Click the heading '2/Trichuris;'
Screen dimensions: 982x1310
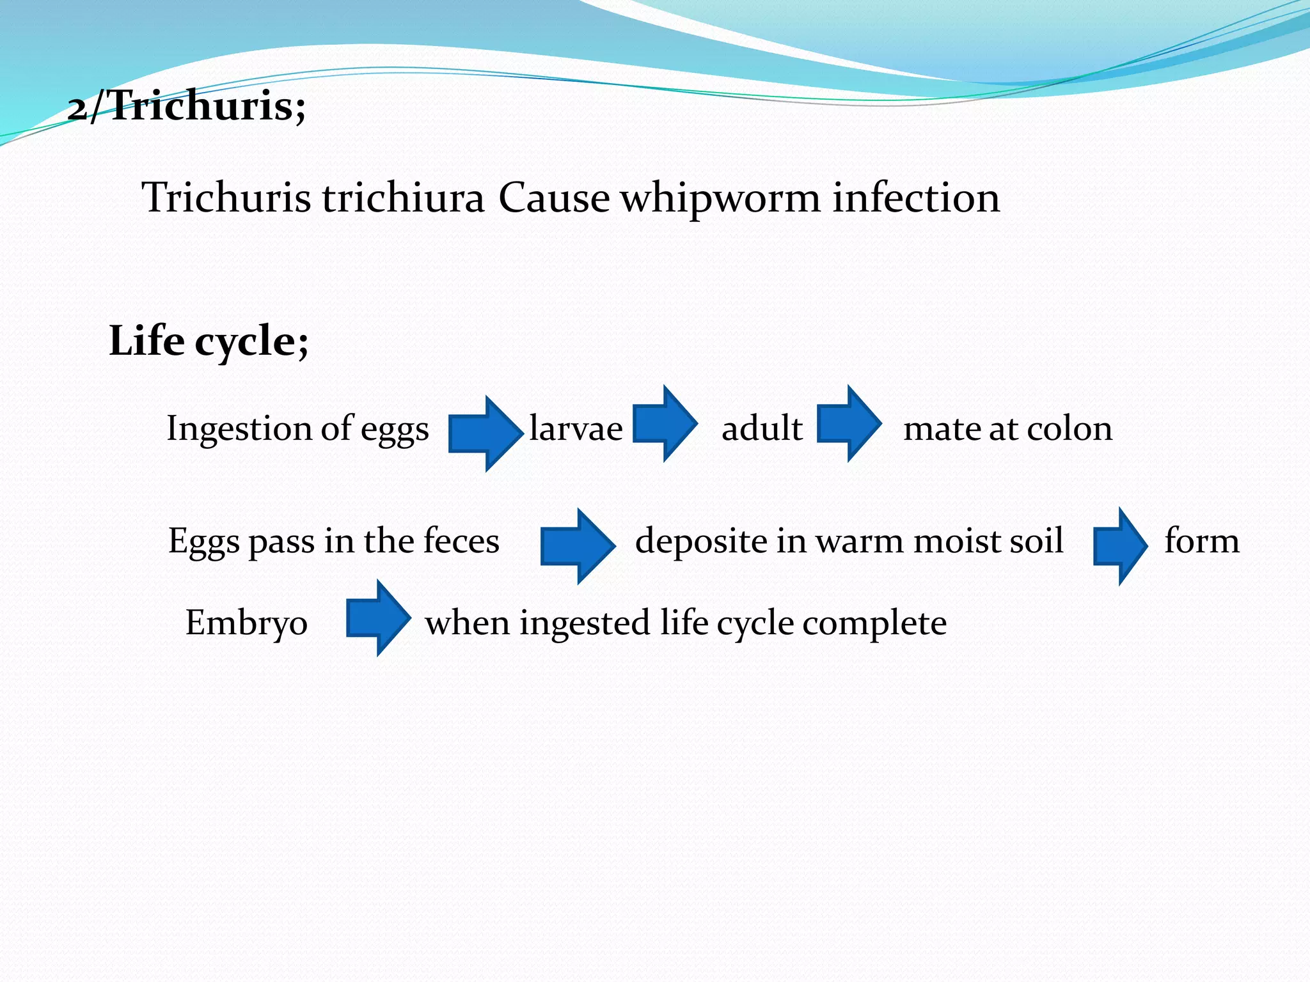click(186, 105)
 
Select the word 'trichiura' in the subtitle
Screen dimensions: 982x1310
click(403, 198)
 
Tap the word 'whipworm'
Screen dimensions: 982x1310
click(720, 198)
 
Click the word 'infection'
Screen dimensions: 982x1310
click(915, 198)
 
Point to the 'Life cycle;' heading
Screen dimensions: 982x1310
click(209, 341)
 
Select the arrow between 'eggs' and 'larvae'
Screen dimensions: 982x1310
click(484, 433)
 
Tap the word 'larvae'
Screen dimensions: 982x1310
click(576, 429)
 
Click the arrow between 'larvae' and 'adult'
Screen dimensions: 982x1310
click(665, 423)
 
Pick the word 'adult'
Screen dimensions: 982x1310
click(762, 429)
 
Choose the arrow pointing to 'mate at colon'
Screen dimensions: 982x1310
click(849, 423)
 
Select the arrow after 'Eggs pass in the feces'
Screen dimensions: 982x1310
click(577, 546)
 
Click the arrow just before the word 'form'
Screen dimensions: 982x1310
click(1120, 546)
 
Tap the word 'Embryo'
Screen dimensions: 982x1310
click(246, 623)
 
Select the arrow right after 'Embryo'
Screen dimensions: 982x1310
click(377, 618)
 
